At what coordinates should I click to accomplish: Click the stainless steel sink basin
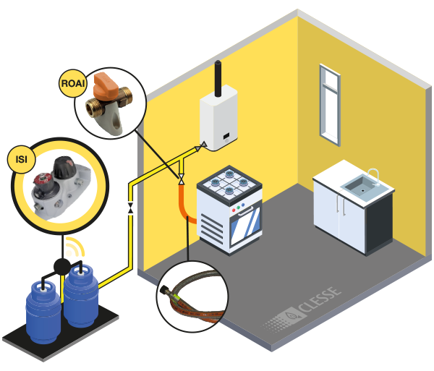pos(359,187)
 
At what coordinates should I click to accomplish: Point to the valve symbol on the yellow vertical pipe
pos(130,208)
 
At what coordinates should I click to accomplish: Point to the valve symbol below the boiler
pos(181,178)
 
